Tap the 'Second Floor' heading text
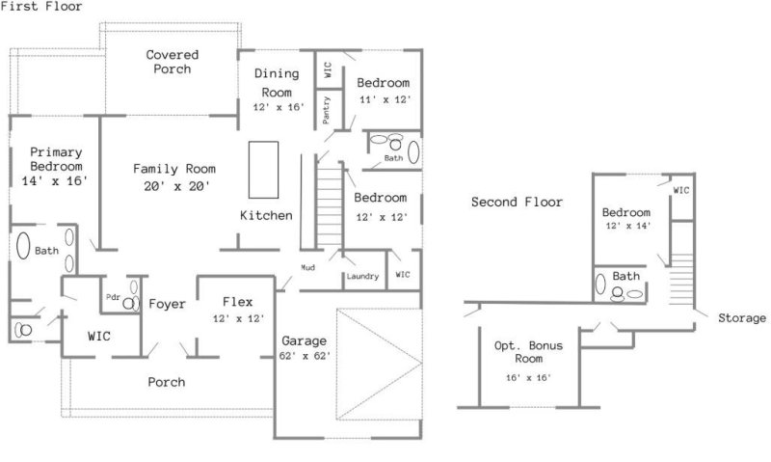(517, 202)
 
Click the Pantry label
(328, 111)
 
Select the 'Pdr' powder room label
(114, 298)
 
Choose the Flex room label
(237, 301)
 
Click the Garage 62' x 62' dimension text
(305, 355)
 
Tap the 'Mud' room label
(307, 267)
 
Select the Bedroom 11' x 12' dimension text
(385, 99)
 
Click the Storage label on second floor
(741, 317)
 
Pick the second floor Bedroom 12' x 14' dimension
(626, 226)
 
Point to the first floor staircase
(332, 207)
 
